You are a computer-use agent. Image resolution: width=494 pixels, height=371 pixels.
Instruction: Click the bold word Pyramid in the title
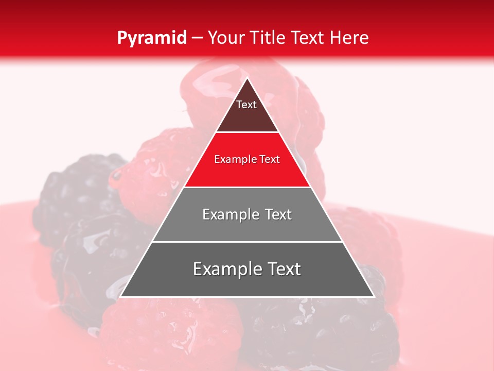point(151,38)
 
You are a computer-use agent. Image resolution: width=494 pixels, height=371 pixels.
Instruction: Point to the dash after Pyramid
point(197,38)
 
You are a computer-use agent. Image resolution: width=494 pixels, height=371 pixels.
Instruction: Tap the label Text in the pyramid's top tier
point(246,105)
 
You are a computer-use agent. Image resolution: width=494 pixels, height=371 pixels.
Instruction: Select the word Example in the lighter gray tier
point(230,214)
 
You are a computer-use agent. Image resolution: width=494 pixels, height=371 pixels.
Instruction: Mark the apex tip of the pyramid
point(247,78)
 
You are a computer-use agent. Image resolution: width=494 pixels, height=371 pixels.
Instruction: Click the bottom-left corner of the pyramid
point(120,296)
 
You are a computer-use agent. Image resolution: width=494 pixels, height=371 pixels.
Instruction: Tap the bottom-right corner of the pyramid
point(374,296)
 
